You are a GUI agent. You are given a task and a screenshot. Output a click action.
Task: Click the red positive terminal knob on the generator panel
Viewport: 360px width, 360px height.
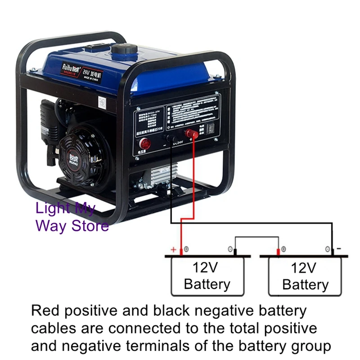[x=191, y=134]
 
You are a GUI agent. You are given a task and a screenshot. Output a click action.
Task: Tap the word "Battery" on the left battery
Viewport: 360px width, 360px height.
[x=207, y=284]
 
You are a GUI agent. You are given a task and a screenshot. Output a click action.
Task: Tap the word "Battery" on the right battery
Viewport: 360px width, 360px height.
[x=305, y=284]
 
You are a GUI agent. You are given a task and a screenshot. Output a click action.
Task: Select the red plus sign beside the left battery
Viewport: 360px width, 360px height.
[x=172, y=250]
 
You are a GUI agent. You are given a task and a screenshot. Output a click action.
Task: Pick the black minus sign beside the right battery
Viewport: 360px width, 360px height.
[x=339, y=248]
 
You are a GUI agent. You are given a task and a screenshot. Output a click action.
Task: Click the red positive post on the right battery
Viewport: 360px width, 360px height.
[x=278, y=251]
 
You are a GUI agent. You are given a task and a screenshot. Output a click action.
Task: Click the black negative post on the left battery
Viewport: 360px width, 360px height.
[x=235, y=251]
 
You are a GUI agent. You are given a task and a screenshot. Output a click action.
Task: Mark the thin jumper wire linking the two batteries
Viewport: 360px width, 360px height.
[x=256, y=238]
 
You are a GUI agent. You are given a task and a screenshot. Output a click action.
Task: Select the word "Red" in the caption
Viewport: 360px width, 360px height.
[x=44, y=311]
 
